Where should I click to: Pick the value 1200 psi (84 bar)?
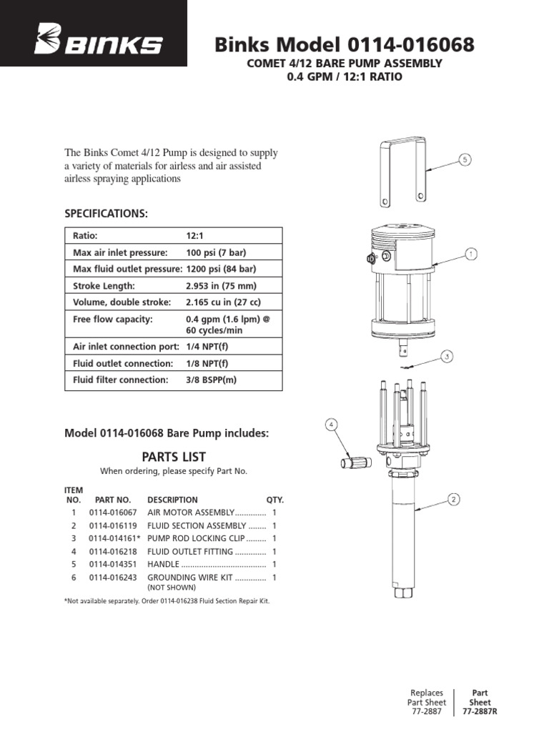[221, 269]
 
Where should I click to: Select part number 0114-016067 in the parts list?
[112, 513]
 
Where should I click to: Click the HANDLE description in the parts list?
[164, 564]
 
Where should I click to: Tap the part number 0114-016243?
[112, 577]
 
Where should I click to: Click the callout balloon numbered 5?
[465, 159]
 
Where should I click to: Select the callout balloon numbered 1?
[471, 253]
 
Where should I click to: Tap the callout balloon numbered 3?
[447, 355]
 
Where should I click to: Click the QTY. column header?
[274, 500]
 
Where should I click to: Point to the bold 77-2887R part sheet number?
[480, 712]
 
